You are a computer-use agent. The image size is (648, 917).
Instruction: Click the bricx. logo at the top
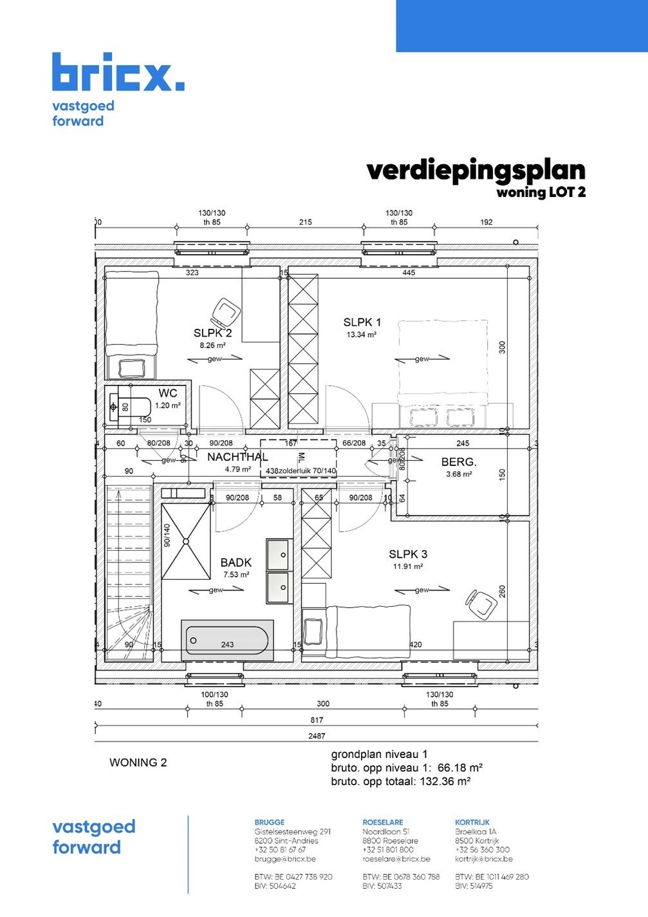pos(118,73)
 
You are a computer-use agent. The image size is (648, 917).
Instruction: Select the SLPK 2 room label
pos(212,333)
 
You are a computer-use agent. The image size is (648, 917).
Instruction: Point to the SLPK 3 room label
pos(407,554)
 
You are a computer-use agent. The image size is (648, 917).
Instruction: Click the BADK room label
pos(236,562)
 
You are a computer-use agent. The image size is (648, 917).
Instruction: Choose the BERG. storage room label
pos(458,462)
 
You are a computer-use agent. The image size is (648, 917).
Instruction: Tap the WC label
pos(167,393)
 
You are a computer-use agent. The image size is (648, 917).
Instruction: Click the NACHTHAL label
pos(237,457)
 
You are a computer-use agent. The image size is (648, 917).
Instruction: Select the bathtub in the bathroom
pos(227,640)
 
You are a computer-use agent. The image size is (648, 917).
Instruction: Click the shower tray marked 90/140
pos(186,542)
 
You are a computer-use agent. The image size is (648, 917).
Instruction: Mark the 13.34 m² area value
pos(361,335)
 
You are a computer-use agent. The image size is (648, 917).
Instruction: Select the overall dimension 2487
pos(317,736)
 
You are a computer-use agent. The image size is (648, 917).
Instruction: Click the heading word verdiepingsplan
pos(476,171)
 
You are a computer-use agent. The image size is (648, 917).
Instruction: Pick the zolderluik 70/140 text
pos(308,471)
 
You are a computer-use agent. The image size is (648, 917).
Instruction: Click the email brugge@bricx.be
pos(284,859)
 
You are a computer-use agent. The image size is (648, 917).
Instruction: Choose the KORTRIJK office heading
pos(472,822)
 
